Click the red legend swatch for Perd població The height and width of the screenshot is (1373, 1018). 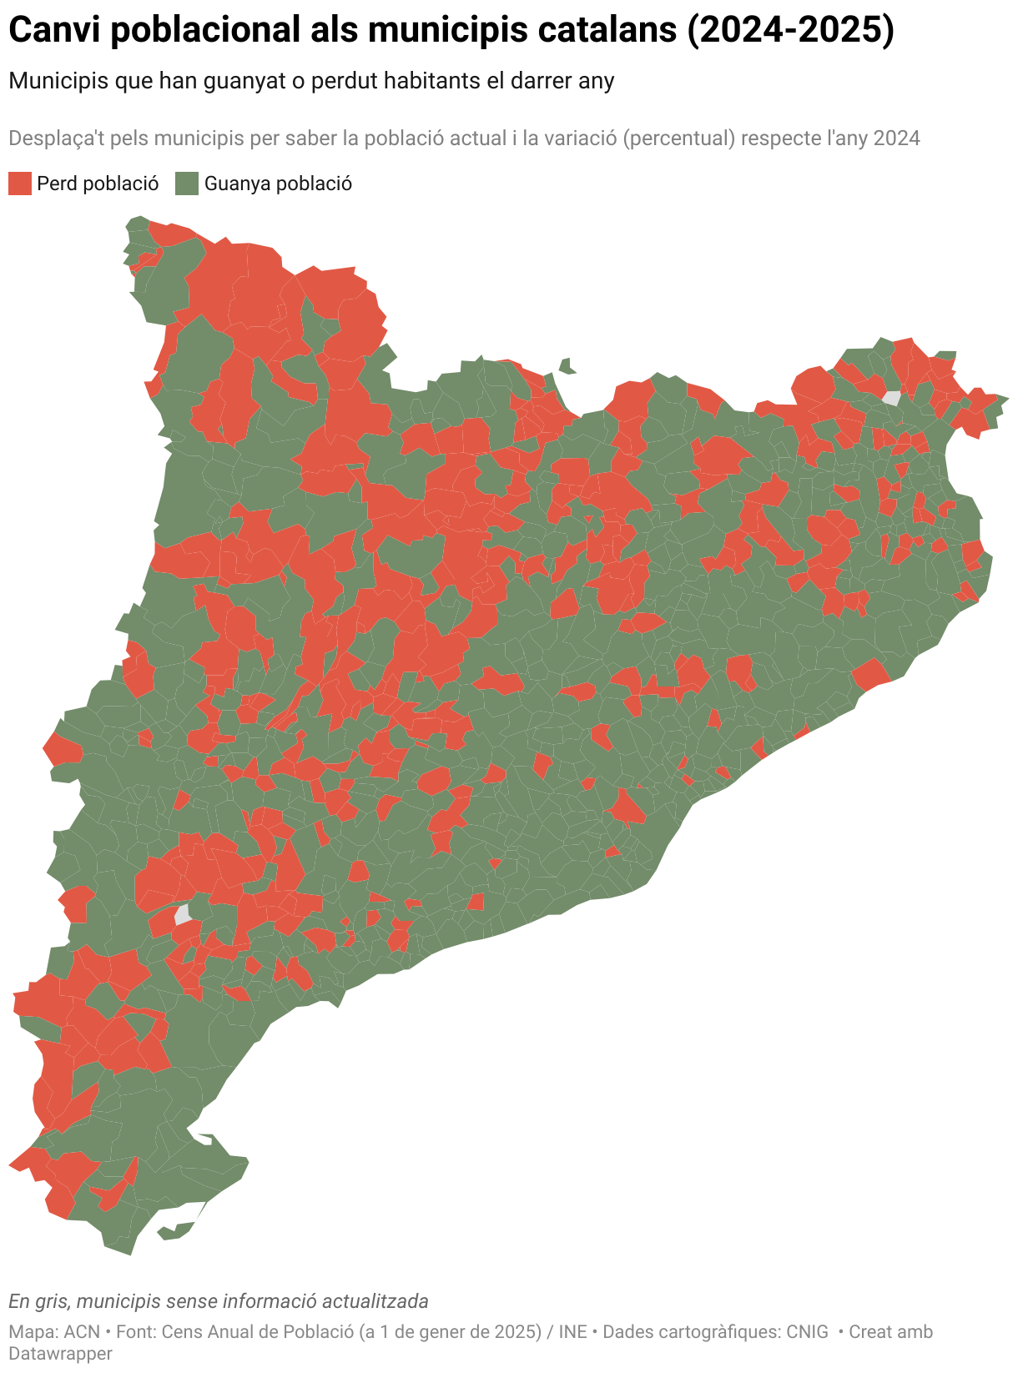coord(20,184)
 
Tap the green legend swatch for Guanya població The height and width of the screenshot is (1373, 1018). coord(187,184)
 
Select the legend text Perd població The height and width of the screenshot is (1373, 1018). coord(98,184)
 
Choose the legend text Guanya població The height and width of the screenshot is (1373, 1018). coord(278,184)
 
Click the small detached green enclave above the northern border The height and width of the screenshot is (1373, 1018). coord(567,365)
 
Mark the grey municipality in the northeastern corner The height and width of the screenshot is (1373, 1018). coord(891,398)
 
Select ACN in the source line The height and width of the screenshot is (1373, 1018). coord(82,1332)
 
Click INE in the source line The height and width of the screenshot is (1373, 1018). coord(572,1332)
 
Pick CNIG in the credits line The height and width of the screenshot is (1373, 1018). coord(807,1332)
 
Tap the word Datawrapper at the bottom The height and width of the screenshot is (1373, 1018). coord(60,1353)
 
